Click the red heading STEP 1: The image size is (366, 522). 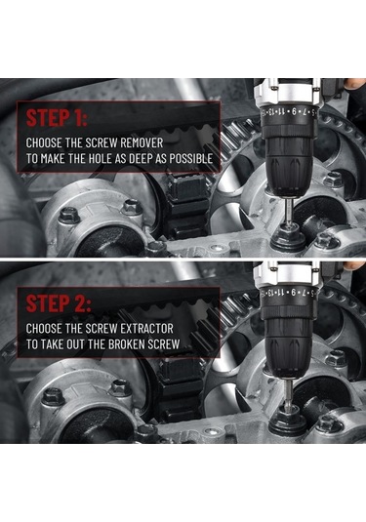click(x=57, y=117)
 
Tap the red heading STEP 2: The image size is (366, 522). click(x=59, y=303)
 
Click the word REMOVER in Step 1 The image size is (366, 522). click(x=142, y=142)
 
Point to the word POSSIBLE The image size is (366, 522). click(x=191, y=158)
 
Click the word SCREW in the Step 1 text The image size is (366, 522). click(x=102, y=142)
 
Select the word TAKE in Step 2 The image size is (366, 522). click(x=53, y=344)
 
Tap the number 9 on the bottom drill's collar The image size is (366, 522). click(x=294, y=293)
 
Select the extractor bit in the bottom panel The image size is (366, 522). click(x=288, y=393)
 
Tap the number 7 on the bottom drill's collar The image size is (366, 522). click(x=305, y=293)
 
